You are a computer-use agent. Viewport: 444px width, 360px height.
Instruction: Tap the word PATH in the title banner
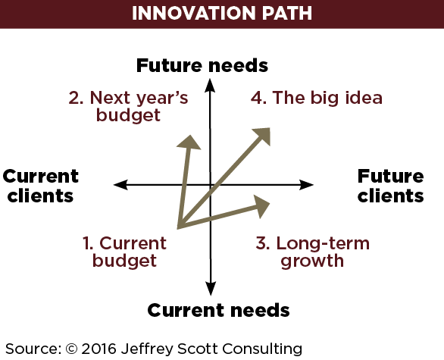click(287, 13)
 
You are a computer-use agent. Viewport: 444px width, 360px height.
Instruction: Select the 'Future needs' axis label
click(202, 65)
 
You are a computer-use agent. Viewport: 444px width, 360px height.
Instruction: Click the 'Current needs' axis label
click(218, 310)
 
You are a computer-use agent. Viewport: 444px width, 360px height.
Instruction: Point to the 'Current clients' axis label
click(40, 186)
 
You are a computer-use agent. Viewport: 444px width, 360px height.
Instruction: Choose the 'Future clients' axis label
click(390, 186)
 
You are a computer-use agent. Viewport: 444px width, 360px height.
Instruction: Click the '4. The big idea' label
click(317, 98)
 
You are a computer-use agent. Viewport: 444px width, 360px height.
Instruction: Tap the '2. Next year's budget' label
click(129, 106)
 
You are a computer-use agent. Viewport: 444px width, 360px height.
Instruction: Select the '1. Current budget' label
click(124, 252)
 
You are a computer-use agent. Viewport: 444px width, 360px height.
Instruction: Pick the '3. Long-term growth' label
click(313, 252)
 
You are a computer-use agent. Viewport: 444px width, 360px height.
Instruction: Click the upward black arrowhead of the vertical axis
click(210, 85)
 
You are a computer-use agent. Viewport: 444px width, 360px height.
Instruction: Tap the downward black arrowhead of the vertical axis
click(211, 288)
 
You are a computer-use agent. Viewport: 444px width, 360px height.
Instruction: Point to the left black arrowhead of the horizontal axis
click(120, 185)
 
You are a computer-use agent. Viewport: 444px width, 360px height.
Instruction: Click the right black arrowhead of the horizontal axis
click(306, 185)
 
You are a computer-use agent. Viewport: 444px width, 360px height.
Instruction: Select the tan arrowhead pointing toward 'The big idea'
click(262, 136)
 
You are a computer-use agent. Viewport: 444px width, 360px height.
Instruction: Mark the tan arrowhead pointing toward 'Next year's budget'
click(189, 142)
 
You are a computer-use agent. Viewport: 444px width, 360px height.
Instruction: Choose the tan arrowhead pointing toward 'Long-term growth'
click(261, 206)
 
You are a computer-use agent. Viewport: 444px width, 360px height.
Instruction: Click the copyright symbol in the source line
click(72, 349)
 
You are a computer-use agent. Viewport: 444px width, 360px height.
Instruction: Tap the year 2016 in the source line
click(99, 349)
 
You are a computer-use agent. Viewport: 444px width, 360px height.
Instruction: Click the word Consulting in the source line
click(262, 349)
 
